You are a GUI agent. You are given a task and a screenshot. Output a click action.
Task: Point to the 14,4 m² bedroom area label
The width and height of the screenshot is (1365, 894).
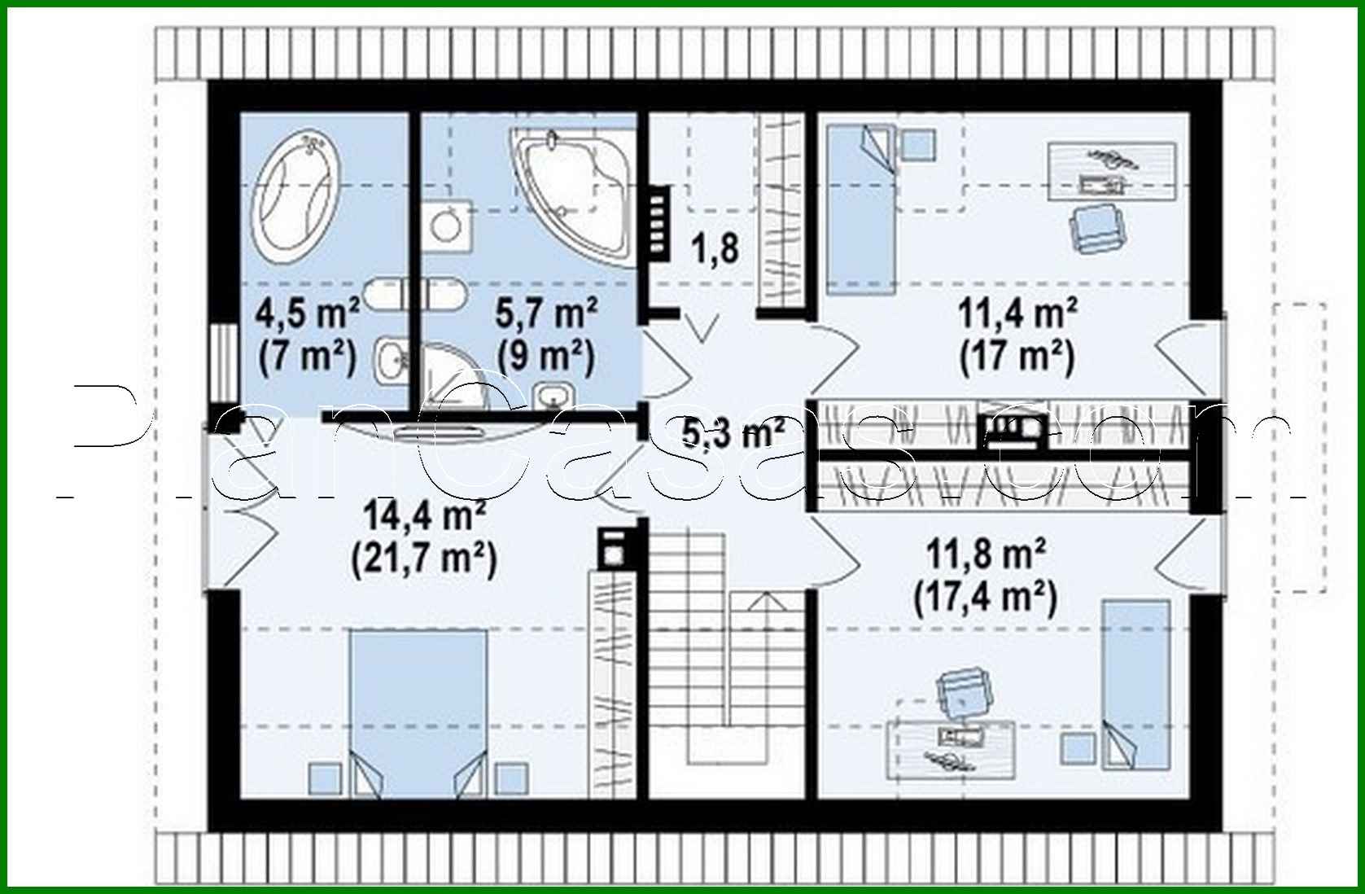click(x=424, y=516)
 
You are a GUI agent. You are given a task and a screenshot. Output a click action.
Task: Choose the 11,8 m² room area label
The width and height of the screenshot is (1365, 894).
click(x=986, y=555)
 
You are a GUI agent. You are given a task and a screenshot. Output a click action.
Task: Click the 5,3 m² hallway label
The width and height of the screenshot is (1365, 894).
click(x=733, y=433)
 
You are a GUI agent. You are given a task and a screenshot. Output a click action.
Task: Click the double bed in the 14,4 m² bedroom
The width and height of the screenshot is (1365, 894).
click(x=418, y=712)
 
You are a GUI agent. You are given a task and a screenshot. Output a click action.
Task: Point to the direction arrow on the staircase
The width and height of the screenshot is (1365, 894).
click(x=764, y=603)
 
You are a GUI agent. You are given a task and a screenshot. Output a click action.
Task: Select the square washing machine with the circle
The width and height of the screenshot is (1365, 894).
click(x=447, y=224)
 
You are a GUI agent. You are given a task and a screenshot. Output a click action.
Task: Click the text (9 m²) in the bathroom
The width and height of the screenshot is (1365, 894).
click(x=546, y=357)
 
